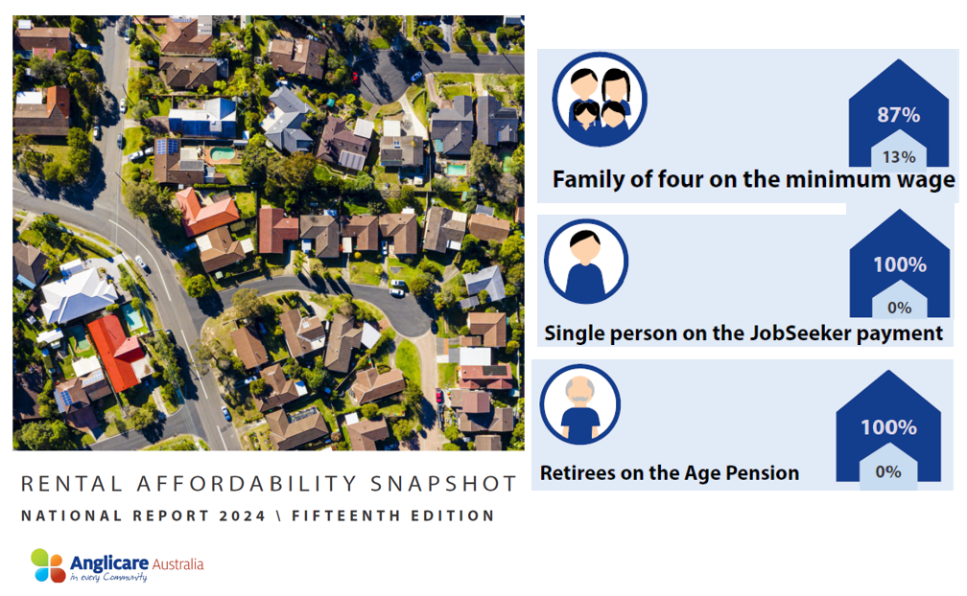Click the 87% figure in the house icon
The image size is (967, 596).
coord(898,115)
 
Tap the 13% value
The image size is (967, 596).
coord(898,157)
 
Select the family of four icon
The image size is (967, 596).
coord(600,101)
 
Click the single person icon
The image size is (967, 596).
coord(585,262)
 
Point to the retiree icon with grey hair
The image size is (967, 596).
coord(579,405)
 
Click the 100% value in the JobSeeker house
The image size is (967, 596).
coord(899,264)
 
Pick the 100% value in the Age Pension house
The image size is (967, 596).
coord(888,427)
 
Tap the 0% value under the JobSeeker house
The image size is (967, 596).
coord(899,308)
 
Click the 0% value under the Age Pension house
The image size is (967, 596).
coord(888,471)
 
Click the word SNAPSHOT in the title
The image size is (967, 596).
coord(442,484)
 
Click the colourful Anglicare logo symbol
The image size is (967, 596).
coord(47,564)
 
